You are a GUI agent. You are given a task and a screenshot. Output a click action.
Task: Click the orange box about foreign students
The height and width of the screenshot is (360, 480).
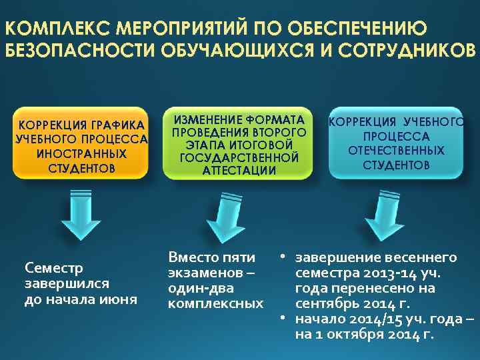coord(82,143)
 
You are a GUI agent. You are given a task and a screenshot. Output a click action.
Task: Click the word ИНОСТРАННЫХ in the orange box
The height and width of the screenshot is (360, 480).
coord(82,154)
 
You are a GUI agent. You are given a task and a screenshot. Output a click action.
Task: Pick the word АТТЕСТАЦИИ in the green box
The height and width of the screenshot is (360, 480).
coord(239,170)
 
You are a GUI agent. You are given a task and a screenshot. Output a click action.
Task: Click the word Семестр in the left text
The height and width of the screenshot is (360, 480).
coord(53,268)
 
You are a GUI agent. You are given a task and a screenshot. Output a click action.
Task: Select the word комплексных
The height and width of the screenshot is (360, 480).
coord(215,304)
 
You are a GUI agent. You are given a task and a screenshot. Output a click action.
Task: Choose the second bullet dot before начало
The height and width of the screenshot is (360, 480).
coord(283,319)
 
